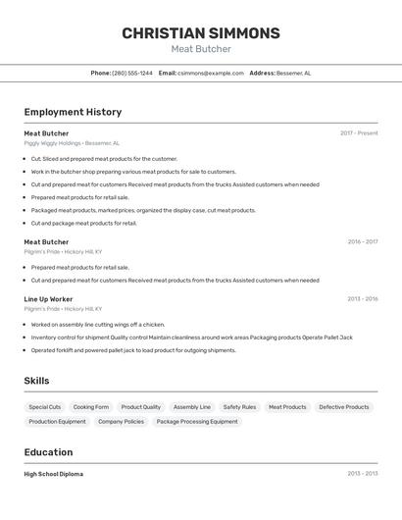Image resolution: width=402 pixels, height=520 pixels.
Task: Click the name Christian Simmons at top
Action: tap(201, 33)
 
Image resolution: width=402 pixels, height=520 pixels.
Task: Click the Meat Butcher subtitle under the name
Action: tap(201, 49)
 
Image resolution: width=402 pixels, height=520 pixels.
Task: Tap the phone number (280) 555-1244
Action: tap(131, 73)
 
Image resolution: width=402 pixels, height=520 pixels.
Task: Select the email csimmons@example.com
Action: tap(210, 73)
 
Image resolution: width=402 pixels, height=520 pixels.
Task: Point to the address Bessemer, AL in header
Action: tap(293, 73)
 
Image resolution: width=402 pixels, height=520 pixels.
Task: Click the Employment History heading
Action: tap(73, 112)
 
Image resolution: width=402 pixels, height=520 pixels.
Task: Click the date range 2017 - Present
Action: tap(359, 133)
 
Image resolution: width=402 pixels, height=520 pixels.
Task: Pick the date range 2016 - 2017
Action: tap(362, 241)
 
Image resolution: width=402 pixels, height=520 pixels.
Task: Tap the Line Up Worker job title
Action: tap(48, 299)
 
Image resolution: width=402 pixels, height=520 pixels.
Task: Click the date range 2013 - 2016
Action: tap(362, 299)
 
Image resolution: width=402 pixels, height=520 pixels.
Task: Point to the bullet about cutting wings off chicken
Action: tap(98, 324)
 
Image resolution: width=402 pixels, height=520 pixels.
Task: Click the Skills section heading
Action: tap(36, 381)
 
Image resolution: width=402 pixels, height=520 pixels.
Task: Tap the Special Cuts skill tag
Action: tap(45, 407)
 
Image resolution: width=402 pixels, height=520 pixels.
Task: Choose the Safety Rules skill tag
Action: tap(239, 407)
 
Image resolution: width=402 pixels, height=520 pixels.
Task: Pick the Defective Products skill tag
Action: tap(344, 407)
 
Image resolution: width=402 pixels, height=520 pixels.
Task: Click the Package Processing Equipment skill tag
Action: tap(197, 422)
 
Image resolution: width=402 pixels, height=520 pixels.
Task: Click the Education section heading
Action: tap(48, 452)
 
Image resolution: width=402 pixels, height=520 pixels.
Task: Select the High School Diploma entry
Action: tap(54, 474)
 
